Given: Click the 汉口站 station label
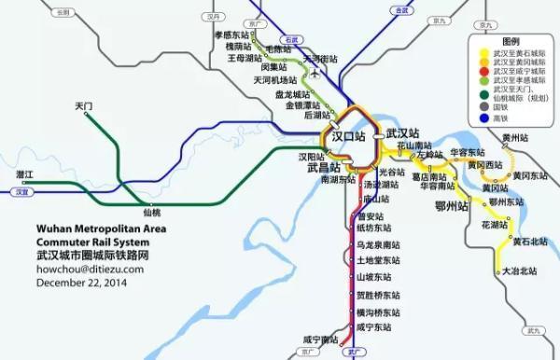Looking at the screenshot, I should pos(348,136).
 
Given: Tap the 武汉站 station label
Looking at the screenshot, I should pos(402,133).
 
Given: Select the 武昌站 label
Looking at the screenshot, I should pos(323,168).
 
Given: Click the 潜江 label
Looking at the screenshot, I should pos(24,174).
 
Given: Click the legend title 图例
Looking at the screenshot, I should pos(512,43).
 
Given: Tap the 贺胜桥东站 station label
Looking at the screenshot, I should pos(378,295).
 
